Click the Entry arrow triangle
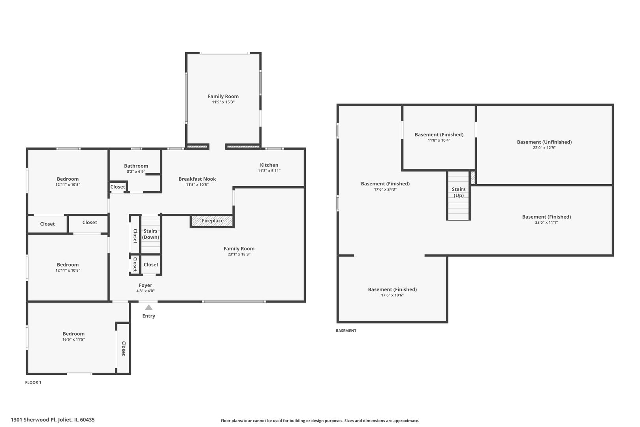(149, 308)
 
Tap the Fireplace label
(213, 221)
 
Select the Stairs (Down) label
(151, 234)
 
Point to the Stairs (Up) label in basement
(459, 192)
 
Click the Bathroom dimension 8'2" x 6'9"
(136, 172)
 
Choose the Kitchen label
(269, 165)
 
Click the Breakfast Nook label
(197, 179)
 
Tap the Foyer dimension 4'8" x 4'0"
(145, 291)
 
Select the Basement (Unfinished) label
(544, 142)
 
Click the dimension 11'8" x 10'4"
(439, 140)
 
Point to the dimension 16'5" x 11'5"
(74, 340)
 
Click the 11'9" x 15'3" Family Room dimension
(223, 102)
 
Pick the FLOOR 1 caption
(33, 382)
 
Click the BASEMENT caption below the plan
(346, 331)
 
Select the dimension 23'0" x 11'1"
(547, 223)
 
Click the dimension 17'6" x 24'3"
(385, 189)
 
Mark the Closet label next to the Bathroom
(118, 187)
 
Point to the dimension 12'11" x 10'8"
(68, 270)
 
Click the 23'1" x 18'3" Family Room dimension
(239, 254)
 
